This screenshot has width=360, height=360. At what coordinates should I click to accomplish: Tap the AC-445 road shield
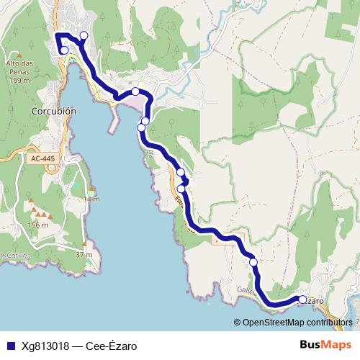point(43,158)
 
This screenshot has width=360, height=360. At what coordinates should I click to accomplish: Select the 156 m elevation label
point(37,225)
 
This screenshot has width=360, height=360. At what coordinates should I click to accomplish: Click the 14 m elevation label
point(91,199)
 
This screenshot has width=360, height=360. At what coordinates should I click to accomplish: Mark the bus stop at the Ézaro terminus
point(302,300)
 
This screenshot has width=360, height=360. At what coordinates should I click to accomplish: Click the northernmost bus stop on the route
point(84,35)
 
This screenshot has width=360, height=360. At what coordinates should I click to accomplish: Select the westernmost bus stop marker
point(64,50)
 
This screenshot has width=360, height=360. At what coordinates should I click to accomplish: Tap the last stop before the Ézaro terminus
point(253,262)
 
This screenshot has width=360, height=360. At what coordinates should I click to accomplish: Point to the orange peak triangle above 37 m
point(81,246)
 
